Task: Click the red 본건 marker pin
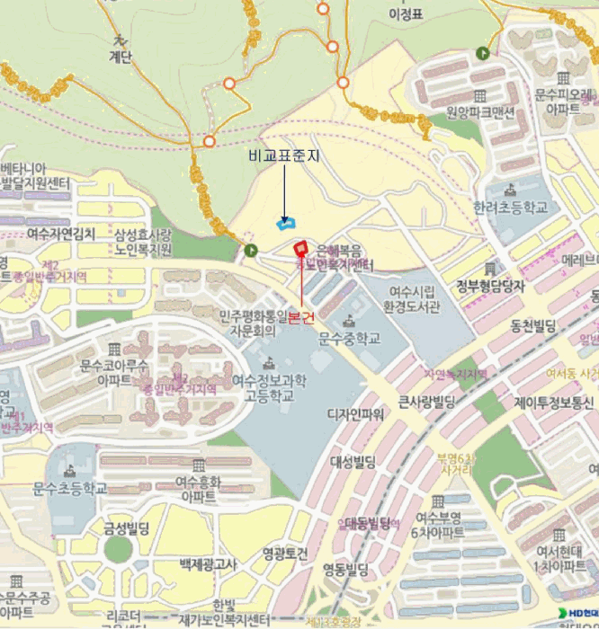coord(300,249)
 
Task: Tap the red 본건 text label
coord(301,318)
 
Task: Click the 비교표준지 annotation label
coord(283,155)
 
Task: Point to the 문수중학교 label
coord(350,338)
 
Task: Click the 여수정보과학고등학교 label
coord(264,387)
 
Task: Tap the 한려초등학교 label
coord(510,206)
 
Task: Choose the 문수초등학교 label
coord(69,488)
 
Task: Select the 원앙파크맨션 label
coord(480,112)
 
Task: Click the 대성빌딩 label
coord(353,462)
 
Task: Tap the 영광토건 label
coord(285,552)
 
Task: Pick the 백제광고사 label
coord(208,564)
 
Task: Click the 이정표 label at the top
coord(405,14)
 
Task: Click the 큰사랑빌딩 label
coord(427,401)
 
